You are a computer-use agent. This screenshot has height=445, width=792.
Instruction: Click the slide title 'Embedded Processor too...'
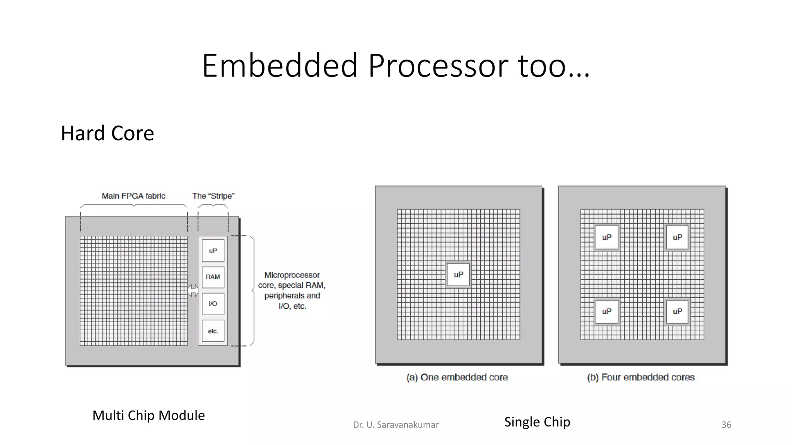(x=396, y=65)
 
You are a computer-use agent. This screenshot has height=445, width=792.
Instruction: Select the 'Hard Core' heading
(x=108, y=133)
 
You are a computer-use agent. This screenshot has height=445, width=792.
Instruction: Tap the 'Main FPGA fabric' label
(x=133, y=196)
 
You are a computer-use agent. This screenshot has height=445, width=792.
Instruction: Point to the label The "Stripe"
(x=213, y=196)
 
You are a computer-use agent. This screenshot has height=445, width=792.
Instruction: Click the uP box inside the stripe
(x=213, y=251)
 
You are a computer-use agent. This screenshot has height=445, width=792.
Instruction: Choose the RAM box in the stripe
(x=213, y=277)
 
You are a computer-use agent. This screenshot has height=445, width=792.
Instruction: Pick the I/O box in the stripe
(x=213, y=304)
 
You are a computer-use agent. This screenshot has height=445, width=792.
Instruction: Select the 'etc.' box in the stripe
(x=213, y=331)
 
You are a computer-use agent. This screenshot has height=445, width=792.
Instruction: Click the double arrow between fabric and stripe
(x=193, y=290)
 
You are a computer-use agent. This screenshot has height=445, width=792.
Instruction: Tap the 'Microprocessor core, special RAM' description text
(x=292, y=290)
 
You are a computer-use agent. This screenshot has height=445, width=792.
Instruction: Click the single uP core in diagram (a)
(x=458, y=275)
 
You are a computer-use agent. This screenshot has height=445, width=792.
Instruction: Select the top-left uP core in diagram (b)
(x=607, y=237)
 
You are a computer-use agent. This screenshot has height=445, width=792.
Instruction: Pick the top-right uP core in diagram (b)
(x=677, y=237)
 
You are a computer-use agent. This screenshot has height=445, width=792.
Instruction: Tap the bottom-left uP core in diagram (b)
(x=607, y=311)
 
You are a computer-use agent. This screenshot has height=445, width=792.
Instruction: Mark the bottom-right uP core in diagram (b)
(x=677, y=311)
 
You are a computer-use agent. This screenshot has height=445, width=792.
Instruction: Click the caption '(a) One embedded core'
(x=457, y=377)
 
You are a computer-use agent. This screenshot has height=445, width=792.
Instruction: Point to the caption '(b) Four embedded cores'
(x=641, y=377)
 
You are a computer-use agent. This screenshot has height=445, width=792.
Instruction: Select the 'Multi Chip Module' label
(x=148, y=415)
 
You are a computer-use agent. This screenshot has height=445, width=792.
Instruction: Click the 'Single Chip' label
(x=537, y=422)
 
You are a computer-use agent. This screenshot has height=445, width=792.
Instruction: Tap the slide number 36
(x=726, y=425)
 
